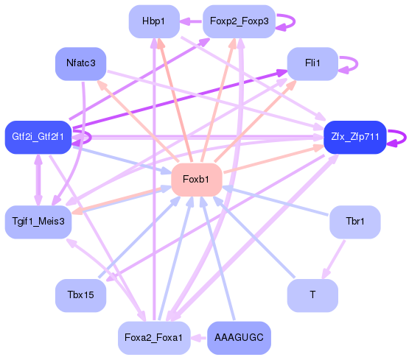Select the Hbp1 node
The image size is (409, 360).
tap(153, 22)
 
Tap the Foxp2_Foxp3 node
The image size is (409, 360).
tap(239, 22)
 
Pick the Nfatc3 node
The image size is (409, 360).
tap(81, 63)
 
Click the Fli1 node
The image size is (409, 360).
tap(312, 63)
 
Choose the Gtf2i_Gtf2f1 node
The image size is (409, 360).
tap(38, 137)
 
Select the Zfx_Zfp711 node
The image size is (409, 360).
tap(355, 137)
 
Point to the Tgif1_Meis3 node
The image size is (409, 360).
tap(38, 221)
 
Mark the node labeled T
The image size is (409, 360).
tap(312, 295)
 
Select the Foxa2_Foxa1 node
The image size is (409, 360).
tap(153, 338)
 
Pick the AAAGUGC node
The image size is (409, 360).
tap(239, 338)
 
